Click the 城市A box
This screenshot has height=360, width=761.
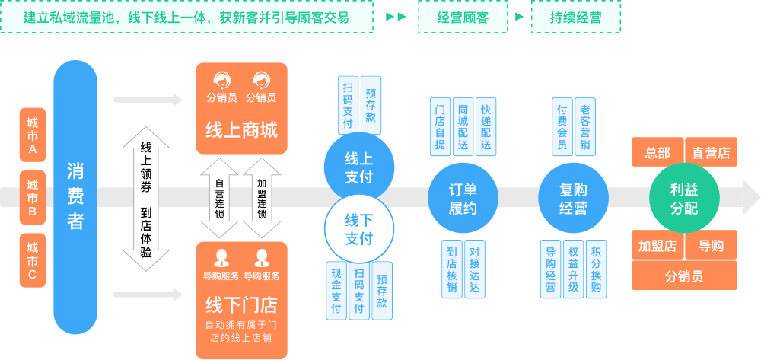[33, 135]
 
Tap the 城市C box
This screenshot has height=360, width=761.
[33, 260]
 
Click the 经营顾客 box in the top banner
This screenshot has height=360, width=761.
[463, 18]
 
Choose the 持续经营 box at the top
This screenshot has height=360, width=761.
[575, 18]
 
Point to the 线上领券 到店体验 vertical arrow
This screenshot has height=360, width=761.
[145, 199]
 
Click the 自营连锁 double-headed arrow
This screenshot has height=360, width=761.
[219, 198]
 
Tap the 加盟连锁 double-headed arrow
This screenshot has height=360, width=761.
[262, 198]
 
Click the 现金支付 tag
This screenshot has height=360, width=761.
[336, 290]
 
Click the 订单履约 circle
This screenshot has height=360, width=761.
[463, 199]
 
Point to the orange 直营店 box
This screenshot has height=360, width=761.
[711, 152]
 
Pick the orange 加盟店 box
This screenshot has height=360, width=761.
[657, 245]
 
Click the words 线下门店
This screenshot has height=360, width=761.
[241, 306]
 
